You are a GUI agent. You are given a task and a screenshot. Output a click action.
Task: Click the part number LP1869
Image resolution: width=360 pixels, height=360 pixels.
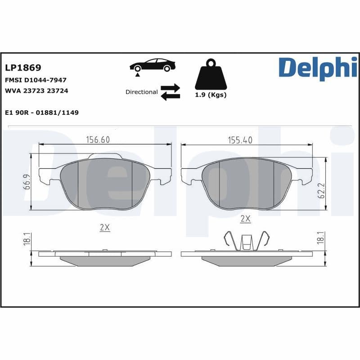coord(23,68)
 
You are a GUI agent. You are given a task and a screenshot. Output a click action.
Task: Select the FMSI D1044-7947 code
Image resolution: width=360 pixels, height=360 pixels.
coord(36,80)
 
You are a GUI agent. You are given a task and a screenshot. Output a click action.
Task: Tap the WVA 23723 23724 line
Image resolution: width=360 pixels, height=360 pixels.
coord(36,90)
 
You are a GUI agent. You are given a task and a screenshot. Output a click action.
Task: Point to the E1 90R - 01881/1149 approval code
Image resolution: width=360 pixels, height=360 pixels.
coord(41,112)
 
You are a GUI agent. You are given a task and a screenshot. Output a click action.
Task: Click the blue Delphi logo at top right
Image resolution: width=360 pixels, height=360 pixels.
coord(318,69)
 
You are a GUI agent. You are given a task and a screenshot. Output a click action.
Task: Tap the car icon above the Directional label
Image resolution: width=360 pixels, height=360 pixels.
coord(152,66)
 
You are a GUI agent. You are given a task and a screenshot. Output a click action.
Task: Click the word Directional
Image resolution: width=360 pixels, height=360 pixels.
coord(141,92)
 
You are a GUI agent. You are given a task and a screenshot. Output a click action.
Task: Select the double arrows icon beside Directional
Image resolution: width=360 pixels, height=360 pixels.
coord(170,92)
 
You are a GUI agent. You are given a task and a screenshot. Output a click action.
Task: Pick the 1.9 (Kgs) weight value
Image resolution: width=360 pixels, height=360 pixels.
coord(211,95)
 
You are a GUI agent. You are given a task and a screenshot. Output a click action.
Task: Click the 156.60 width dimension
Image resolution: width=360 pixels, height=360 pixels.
coord(98,140)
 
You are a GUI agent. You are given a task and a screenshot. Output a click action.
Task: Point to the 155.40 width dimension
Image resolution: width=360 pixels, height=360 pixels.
coord(240,140)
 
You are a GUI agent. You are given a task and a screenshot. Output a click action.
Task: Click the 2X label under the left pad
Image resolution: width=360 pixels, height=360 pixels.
coord(104,228)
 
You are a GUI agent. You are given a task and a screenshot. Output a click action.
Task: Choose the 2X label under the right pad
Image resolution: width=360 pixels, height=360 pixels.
coord(245,219)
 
